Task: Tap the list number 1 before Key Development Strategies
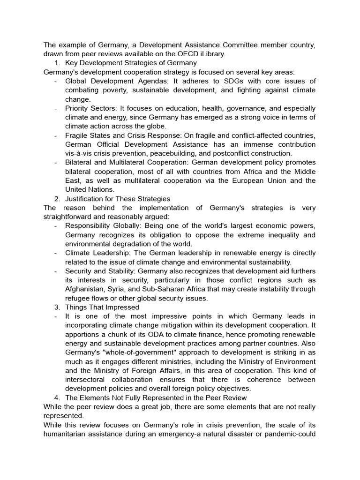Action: click(56, 63)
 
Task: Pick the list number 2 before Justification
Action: click(56, 199)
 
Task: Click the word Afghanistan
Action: click(87, 289)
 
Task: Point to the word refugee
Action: click(77, 298)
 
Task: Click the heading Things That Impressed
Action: click(102, 307)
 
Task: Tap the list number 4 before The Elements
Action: click(56, 398)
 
